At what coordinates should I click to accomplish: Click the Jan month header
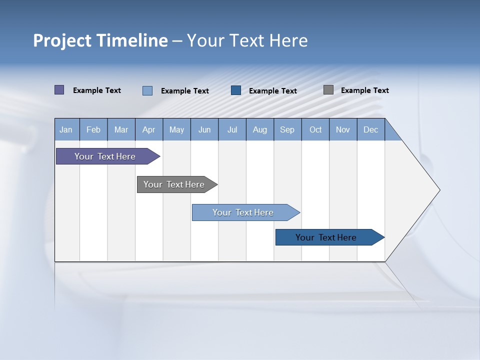pos(66,129)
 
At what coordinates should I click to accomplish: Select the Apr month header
pos(149,129)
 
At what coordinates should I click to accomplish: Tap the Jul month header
pos(232,129)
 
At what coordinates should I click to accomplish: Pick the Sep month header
pos(287,129)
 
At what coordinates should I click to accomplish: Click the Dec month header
pos(370,129)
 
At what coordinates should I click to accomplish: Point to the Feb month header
pos(93,129)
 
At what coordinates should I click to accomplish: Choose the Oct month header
pos(315,129)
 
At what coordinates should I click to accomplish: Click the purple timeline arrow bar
pos(105,156)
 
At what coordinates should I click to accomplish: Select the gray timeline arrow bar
pos(174,184)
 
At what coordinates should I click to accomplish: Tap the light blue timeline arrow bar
pos(243,212)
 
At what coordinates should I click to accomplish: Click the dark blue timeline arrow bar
pos(326,237)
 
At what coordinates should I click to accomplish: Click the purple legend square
pos(59,90)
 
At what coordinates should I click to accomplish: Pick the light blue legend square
pos(147,90)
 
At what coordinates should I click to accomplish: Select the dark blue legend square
pos(236,90)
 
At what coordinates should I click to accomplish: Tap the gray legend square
pos(328,90)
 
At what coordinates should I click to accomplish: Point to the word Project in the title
pos(62,40)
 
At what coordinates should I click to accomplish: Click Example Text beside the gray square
pos(364,90)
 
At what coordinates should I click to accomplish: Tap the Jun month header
pos(204,129)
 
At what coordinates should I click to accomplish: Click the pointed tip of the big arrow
pos(438,190)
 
